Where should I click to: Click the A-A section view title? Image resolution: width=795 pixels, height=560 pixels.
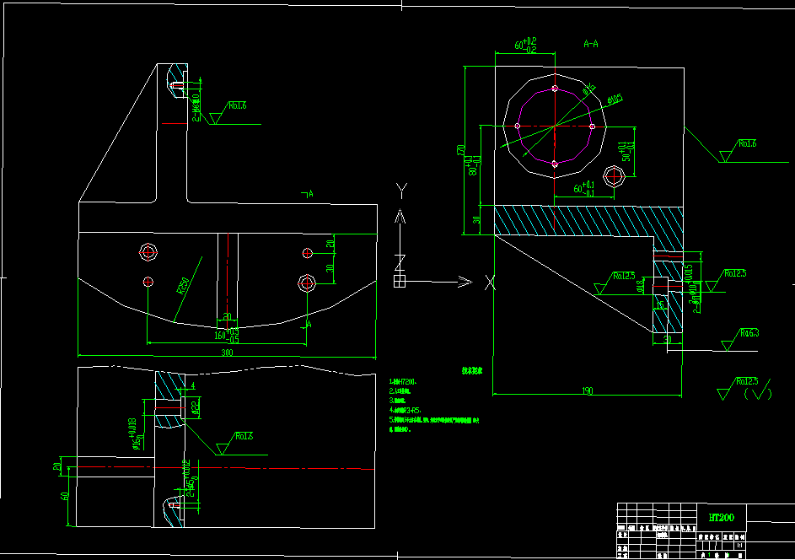tap(592, 40)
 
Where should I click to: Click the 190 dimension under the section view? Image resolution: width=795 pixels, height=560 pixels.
tap(587, 390)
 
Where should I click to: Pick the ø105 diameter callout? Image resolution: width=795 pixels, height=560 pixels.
tap(615, 100)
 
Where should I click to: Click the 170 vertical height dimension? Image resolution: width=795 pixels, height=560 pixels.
tap(461, 150)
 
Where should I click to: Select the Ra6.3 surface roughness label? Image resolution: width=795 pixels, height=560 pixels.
tap(749, 333)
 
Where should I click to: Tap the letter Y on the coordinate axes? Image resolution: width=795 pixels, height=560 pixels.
tap(402, 188)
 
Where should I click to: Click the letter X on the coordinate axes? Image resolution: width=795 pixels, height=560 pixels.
tap(490, 283)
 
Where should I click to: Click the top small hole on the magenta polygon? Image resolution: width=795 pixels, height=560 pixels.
tap(554, 88)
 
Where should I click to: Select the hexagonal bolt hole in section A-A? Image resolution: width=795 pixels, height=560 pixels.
tap(615, 175)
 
